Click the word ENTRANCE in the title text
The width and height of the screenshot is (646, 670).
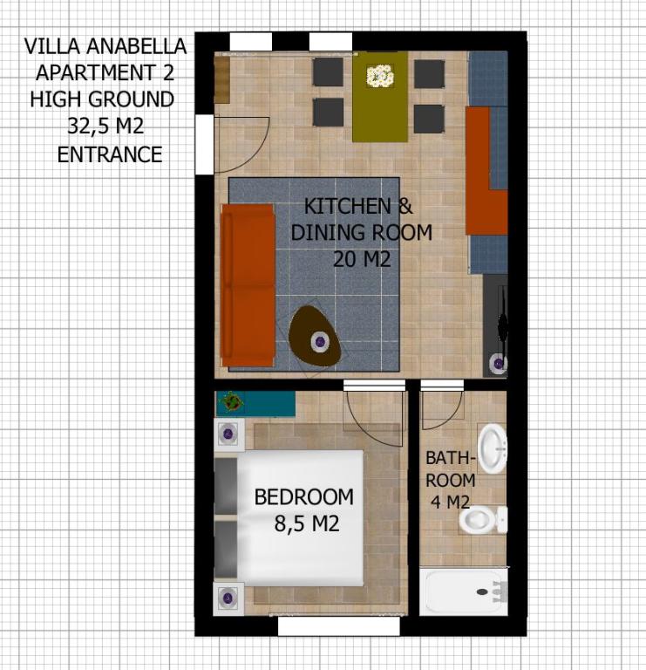(110, 154)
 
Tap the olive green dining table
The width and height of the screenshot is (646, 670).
(380, 97)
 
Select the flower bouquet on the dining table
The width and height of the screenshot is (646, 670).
(380, 76)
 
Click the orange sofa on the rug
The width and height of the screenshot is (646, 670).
(248, 285)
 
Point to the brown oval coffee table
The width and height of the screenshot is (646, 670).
(315, 336)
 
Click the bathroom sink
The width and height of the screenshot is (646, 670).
(493, 448)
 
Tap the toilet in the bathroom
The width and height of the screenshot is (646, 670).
(483, 520)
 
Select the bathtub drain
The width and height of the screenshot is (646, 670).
(482, 591)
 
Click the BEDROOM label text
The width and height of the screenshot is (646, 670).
(303, 497)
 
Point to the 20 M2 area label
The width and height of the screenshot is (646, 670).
(362, 259)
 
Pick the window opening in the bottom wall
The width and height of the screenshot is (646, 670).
(339, 626)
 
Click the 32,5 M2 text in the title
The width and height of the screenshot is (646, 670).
(105, 126)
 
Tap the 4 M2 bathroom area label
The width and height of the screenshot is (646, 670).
(450, 502)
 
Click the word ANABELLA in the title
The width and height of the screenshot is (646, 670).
(136, 46)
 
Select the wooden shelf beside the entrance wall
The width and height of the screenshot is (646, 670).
(221, 80)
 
